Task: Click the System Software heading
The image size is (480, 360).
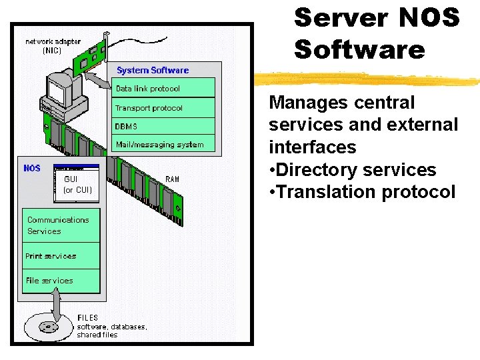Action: pyautogui.click(x=153, y=70)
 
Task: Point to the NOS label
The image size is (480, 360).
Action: pyautogui.click(x=32, y=168)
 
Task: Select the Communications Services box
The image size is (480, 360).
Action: pyautogui.click(x=61, y=226)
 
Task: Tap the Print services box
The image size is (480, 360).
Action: pyautogui.click(x=61, y=256)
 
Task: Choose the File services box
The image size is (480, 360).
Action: pyautogui.click(x=61, y=281)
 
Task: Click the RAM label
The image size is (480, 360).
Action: pyautogui.click(x=172, y=179)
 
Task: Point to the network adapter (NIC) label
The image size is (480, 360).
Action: pyautogui.click(x=53, y=45)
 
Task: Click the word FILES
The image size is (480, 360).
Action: pyautogui.click(x=88, y=317)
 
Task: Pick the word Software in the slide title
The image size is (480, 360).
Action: pyautogui.click(x=359, y=50)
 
